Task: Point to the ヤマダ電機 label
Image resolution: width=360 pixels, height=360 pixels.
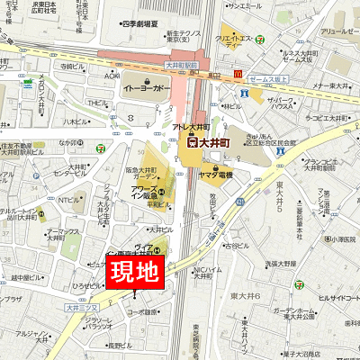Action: click(214, 173)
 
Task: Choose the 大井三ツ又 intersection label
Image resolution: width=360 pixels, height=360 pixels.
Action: click(79, 308)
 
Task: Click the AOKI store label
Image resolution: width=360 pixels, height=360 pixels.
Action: click(112, 76)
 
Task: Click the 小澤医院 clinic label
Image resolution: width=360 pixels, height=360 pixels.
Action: click(341, 238)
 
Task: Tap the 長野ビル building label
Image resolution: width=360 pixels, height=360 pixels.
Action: click(119, 344)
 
